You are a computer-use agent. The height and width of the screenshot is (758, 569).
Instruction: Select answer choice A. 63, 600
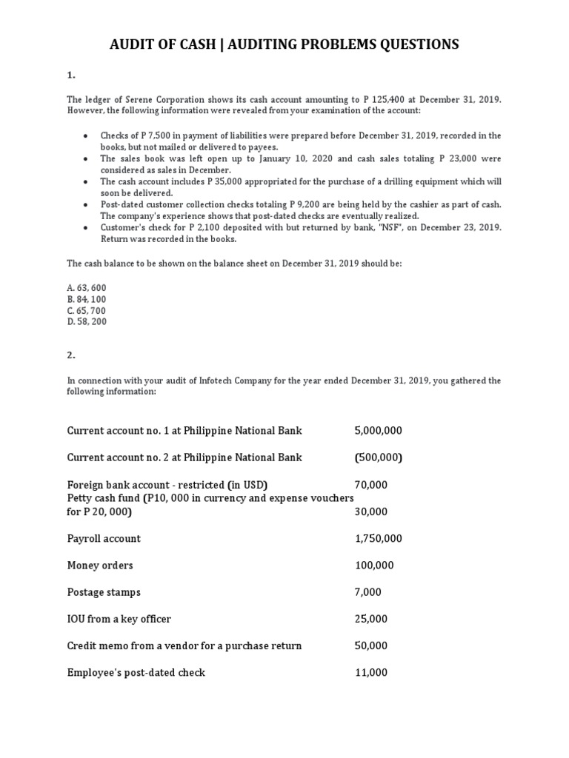85,286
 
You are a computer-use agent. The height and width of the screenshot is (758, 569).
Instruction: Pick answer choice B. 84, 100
85,298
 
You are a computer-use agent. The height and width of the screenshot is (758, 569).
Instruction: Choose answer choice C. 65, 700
85,310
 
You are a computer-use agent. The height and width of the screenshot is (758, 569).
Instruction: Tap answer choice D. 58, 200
85,322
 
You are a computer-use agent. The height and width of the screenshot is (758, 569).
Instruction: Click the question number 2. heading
71,355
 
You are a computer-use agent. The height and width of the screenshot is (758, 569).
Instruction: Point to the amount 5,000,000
379,431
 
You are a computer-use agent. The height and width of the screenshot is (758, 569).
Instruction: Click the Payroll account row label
104,539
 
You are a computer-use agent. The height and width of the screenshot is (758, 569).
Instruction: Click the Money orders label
100,566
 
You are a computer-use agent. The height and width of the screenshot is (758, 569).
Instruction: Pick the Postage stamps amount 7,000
368,592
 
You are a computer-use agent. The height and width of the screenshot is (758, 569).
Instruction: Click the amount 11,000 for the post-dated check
371,673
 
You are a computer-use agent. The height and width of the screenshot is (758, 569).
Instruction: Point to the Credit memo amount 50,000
371,645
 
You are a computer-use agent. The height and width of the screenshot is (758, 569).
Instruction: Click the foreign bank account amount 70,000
371,485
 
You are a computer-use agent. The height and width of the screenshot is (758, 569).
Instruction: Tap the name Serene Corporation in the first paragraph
145,100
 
